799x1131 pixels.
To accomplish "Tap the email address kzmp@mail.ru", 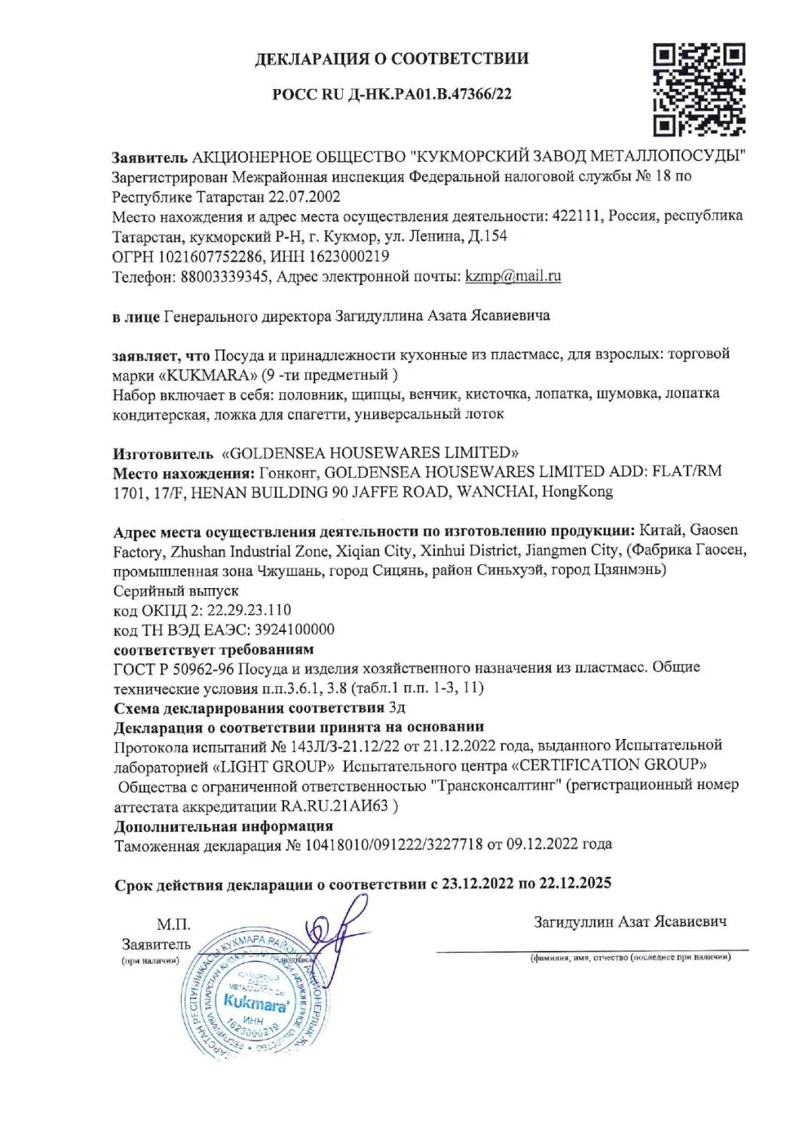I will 513,276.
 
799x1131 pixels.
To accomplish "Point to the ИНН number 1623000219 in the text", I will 349,256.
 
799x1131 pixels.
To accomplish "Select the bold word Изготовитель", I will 164,453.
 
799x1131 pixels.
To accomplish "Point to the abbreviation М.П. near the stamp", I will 173,925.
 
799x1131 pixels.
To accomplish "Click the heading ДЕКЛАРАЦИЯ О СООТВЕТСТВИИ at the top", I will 391,58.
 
